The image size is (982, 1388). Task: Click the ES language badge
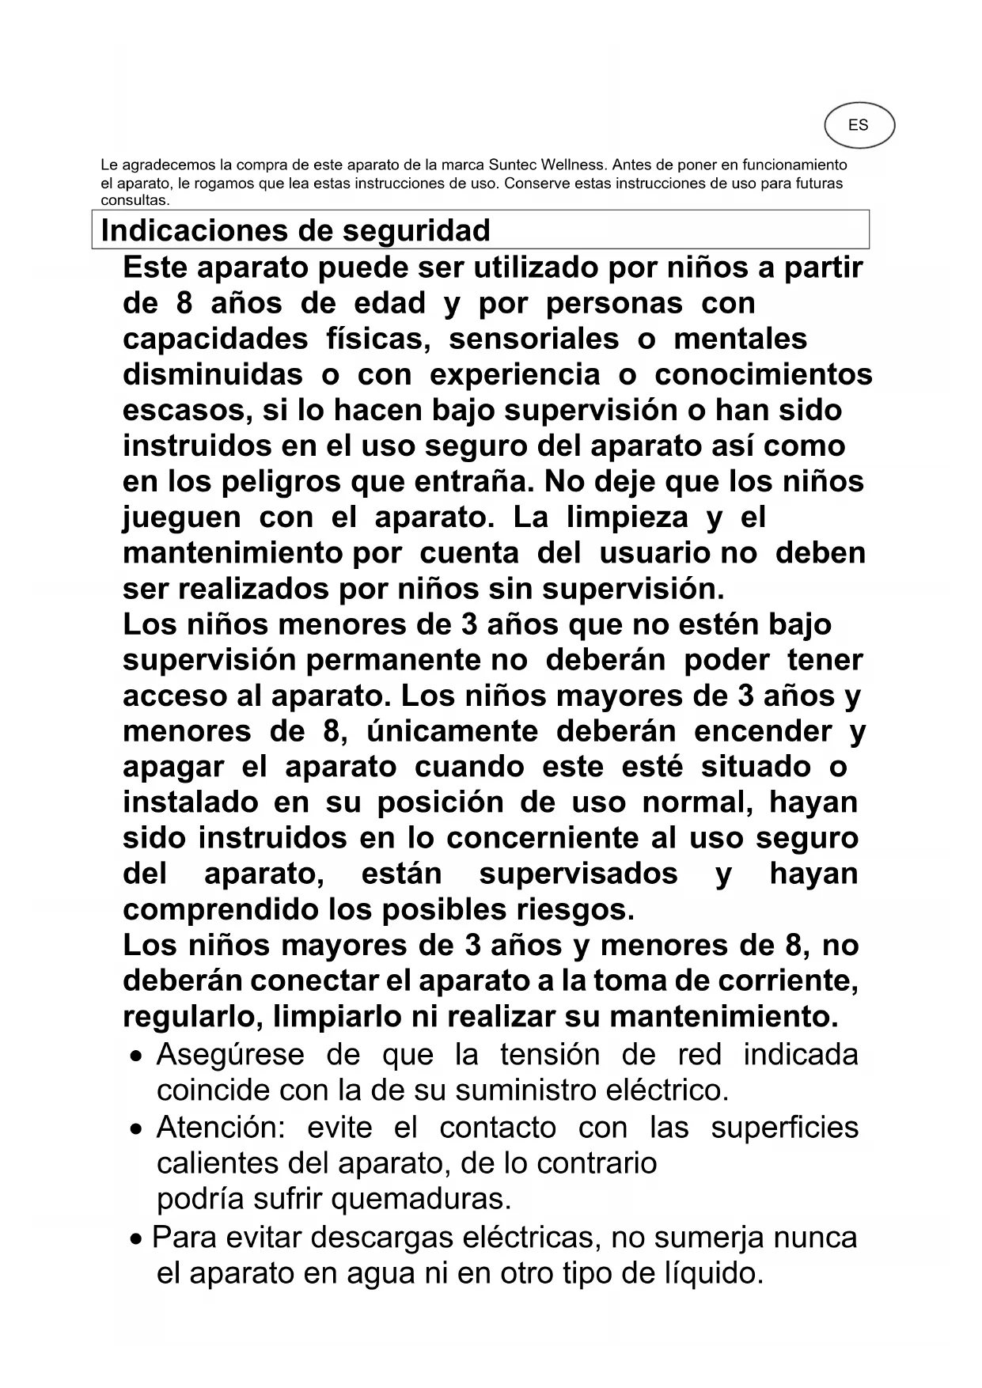(x=859, y=125)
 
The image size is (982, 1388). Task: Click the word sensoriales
(x=533, y=339)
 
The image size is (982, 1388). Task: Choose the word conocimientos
(x=764, y=374)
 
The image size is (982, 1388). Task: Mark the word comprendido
(x=221, y=909)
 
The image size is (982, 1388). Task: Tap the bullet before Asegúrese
(x=138, y=1056)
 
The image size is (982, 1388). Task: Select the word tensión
(x=549, y=1055)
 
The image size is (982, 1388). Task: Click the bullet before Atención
(x=138, y=1129)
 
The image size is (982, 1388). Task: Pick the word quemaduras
(x=421, y=1199)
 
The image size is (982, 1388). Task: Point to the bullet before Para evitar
(x=136, y=1239)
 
